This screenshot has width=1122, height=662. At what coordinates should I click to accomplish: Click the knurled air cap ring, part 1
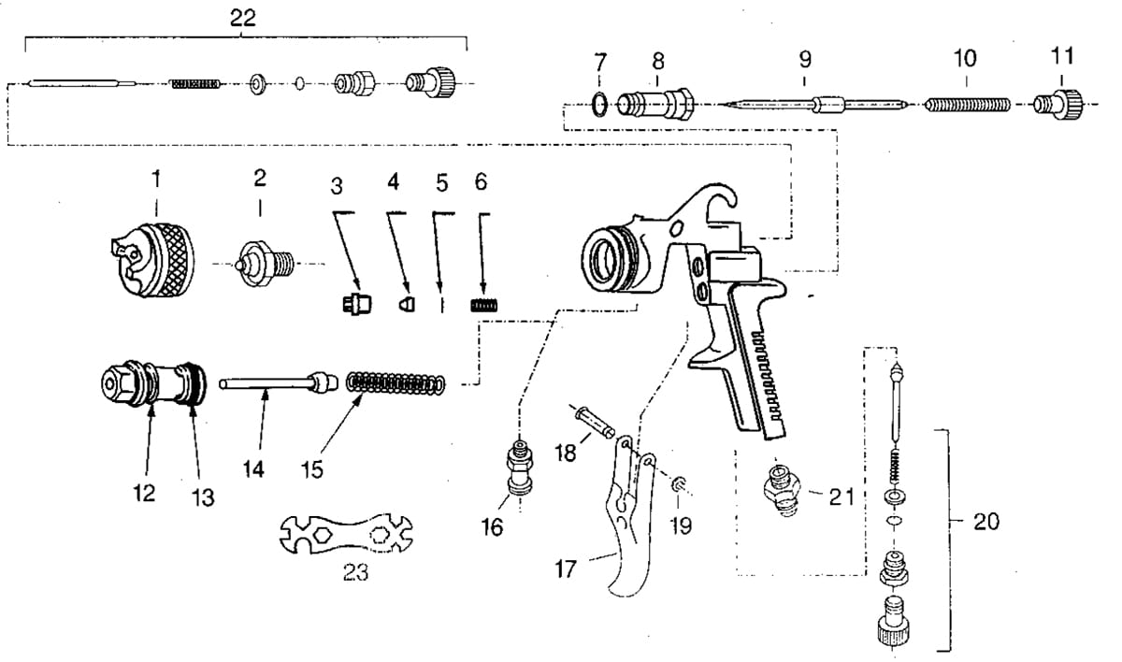point(152,260)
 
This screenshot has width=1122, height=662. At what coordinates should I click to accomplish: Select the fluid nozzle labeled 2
point(265,264)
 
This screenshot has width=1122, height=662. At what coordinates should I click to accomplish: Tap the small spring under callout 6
point(485,305)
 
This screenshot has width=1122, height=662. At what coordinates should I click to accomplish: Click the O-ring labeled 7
point(599,105)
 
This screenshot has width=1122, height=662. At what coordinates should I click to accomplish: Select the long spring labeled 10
point(967,105)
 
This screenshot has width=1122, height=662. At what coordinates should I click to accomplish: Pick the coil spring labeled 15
point(396,383)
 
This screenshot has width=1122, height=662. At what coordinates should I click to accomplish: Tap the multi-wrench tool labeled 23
point(346,534)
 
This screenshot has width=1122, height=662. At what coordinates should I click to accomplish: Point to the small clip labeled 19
point(679,484)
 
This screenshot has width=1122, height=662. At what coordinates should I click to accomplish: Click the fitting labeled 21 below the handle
point(783,490)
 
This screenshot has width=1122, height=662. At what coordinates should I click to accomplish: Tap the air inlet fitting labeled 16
point(521,467)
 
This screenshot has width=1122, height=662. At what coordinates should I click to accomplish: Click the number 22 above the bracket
point(243,19)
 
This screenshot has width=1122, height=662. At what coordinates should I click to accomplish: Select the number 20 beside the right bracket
point(985,522)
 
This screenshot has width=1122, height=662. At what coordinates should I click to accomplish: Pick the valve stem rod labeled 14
point(278,383)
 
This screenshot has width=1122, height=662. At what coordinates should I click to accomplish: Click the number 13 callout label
point(203,497)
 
